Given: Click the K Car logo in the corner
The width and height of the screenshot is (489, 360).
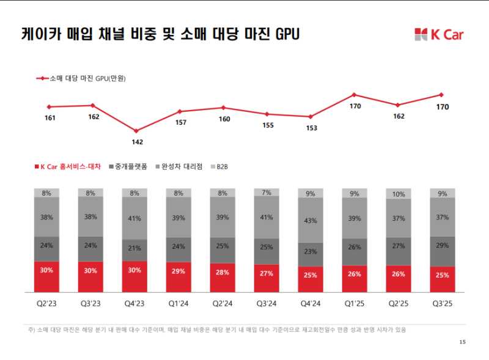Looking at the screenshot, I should pos(438,34).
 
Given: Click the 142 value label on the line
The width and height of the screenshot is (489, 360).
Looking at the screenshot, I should pos(137,142).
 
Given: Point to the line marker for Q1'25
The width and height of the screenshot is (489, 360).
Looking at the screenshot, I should pos(354,95).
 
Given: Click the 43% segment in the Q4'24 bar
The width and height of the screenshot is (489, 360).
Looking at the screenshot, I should pos(311,220).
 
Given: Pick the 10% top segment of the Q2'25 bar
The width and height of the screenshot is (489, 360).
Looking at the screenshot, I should pos(399,194).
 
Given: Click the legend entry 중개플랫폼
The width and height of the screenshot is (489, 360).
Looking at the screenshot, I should pos(131,166).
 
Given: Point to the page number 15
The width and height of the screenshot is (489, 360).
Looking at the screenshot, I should pos(462,342).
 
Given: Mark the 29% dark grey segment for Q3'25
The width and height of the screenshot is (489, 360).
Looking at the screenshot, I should pos(443,244).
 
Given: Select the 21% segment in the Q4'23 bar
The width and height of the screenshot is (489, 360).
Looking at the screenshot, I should pos(134,248).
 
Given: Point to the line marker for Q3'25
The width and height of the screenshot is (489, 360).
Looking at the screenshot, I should pos(441,95).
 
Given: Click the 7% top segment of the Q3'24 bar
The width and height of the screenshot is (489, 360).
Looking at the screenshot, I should pos(267,193).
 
